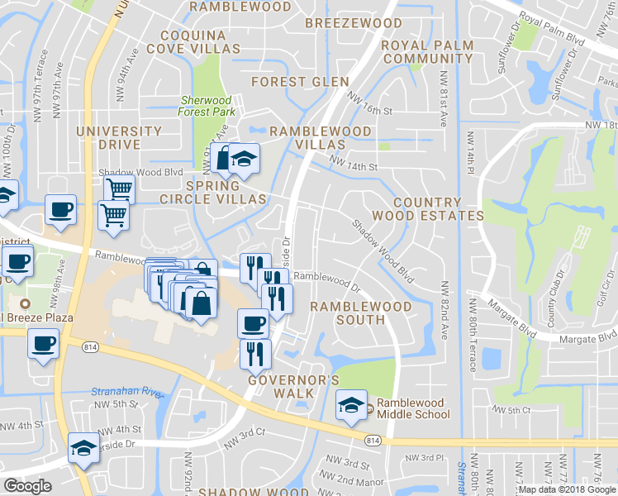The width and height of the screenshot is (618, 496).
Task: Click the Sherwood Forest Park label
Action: click(208, 106)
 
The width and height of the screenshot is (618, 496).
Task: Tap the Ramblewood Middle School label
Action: click(411, 408)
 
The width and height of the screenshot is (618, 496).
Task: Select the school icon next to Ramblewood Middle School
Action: click(350, 406)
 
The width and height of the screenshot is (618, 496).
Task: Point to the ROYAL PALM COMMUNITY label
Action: click(428, 52)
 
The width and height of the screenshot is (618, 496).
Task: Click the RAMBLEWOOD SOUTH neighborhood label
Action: click(360, 312)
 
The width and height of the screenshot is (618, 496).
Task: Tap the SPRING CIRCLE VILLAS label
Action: click(212, 193)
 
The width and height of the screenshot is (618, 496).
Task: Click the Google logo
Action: click(27, 486)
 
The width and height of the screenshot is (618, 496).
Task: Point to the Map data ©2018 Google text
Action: click(566, 489)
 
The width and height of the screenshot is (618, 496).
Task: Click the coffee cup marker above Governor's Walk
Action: click(253, 322)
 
